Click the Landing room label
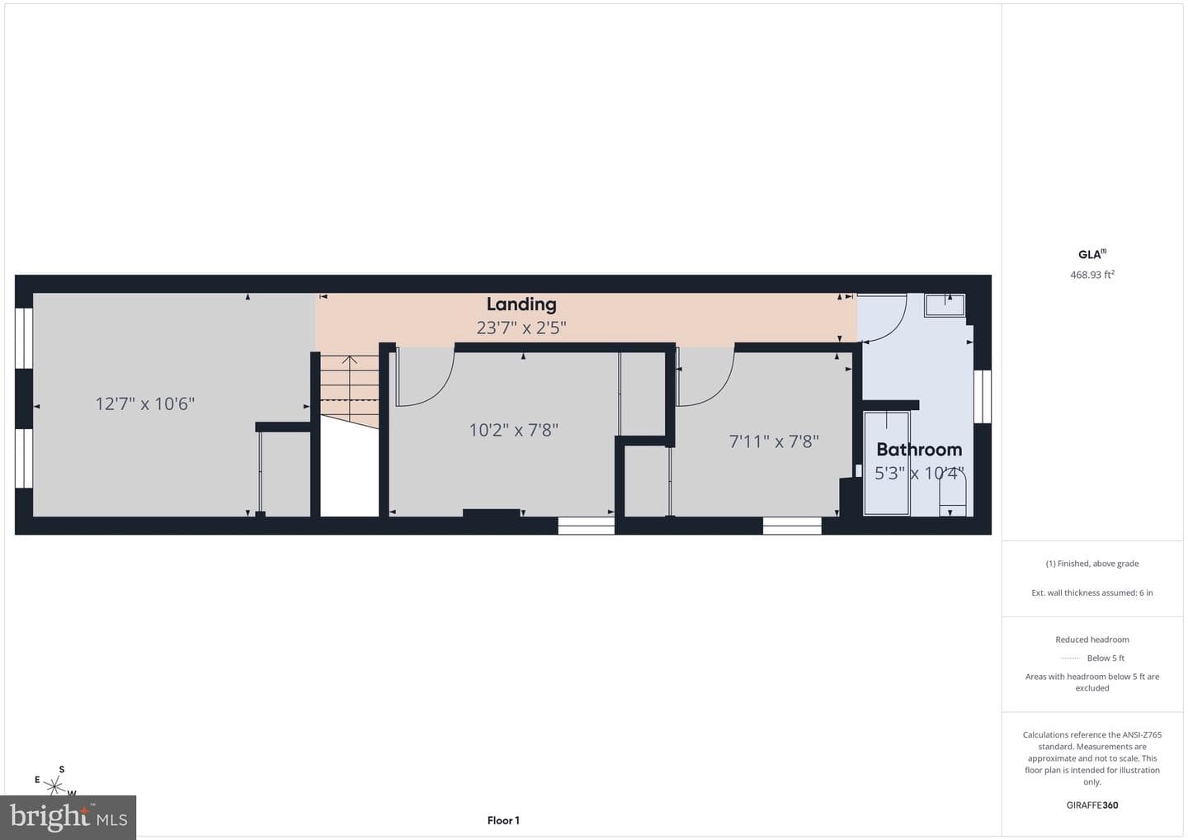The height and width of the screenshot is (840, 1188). coord(521,304)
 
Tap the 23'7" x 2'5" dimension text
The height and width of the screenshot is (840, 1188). coord(521,328)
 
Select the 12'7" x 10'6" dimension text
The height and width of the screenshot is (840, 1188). coord(145,404)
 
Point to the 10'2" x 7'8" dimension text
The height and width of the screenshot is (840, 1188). coord(513,430)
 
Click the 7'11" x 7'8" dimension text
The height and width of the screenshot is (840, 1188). coord(774,441)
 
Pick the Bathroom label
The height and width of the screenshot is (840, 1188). coord(919,450)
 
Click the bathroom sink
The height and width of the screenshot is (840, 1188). coord(945,305)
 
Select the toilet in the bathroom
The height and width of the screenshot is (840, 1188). coord(953,493)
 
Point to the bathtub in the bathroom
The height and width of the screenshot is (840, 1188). coord(887,463)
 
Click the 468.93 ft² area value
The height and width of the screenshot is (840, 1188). coord(1092,275)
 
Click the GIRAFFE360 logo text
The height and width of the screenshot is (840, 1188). coord(1092,805)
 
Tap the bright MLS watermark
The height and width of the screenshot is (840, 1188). coord(68,817)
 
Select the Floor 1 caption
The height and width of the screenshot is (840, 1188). coord(503,820)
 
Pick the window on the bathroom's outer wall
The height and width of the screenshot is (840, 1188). coord(983,397)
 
